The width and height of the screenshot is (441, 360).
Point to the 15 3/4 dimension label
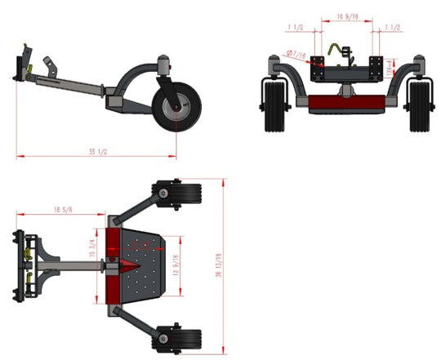point(93,247)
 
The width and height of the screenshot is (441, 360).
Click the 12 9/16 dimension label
point(177,267)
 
